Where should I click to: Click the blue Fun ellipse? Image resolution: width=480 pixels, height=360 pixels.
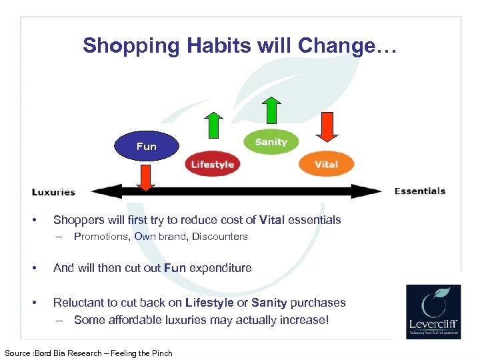click(x=147, y=146)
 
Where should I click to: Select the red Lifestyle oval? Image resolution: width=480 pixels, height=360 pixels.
click(x=212, y=164)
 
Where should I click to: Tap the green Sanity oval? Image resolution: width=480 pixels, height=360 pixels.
click(x=271, y=141)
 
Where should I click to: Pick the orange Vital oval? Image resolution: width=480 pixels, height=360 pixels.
click(x=326, y=164)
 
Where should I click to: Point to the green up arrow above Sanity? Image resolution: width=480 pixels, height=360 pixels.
click(x=271, y=109)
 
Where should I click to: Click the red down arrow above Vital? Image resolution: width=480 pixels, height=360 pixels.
click(x=327, y=127)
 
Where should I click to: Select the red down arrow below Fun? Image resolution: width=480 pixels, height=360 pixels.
click(x=145, y=177)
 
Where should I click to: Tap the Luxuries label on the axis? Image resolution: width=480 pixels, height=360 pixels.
click(x=53, y=192)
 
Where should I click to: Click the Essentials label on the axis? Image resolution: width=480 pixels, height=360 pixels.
click(x=420, y=191)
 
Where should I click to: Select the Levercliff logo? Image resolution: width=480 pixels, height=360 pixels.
click(x=433, y=311)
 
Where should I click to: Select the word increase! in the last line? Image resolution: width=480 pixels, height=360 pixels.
click(x=305, y=320)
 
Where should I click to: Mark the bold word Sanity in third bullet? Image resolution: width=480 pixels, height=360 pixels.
click(x=267, y=303)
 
